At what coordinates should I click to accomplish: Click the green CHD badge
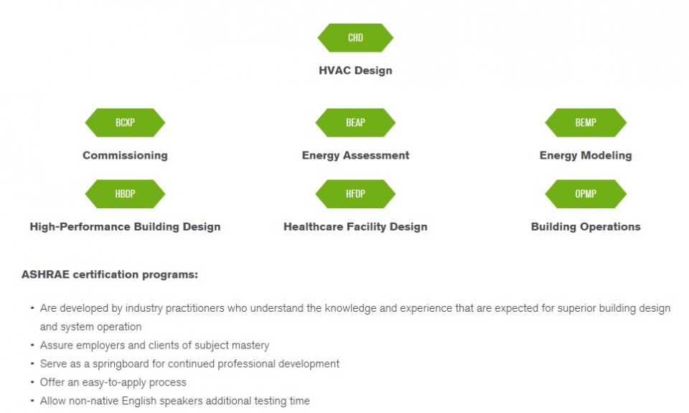[x=355, y=38]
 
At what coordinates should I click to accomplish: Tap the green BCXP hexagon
[x=125, y=123]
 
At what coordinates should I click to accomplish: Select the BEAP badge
[x=355, y=123]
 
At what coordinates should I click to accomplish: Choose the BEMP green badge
[x=586, y=123]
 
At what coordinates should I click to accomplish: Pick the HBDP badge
[x=125, y=194]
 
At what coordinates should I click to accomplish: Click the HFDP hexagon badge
[x=355, y=194]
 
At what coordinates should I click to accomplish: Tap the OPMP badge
[x=586, y=194]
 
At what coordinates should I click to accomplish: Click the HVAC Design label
[x=355, y=70]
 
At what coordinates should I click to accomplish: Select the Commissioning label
[x=125, y=155]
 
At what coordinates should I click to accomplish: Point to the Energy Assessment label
[x=355, y=155]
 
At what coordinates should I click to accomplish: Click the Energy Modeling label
[x=586, y=155]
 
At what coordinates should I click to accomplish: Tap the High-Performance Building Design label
[x=125, y=226]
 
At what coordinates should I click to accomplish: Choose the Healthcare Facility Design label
[x=355, y=226]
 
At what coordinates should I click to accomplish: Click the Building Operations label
[x=586, y=226]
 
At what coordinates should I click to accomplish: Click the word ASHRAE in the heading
[x=46, y=274]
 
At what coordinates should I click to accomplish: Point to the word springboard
[x=121, y=364]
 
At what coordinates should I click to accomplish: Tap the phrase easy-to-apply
[x=114, y=383]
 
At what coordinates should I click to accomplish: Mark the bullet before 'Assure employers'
[x=32, y=345]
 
